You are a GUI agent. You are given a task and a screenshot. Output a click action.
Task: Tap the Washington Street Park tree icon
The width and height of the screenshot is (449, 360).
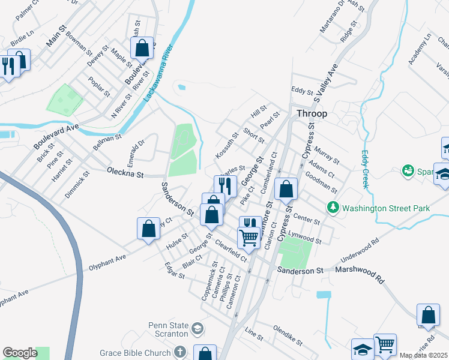click(333, 208)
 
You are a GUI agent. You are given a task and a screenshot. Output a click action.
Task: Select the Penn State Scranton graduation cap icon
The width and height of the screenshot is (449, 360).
click(197, 329)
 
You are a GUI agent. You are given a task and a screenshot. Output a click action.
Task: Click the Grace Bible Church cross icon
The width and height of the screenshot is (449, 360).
click(179, 352)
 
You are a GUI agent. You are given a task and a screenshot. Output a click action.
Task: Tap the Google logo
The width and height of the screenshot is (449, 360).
click(20, 353)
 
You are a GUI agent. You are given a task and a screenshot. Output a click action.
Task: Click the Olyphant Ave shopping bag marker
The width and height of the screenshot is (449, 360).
click(148, 229)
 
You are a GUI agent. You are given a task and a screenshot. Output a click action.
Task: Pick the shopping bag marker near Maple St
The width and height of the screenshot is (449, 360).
click(142, 47)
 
